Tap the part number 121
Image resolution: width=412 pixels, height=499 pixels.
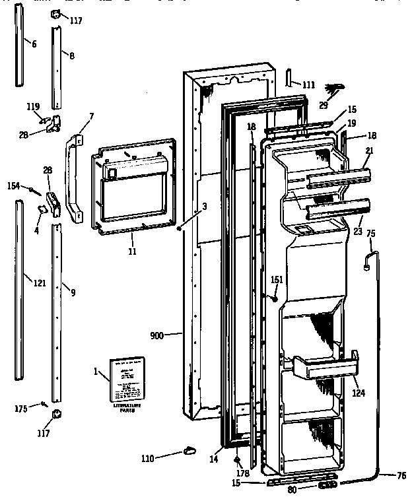tap(40, 283)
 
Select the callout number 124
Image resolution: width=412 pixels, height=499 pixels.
tap(359, 394)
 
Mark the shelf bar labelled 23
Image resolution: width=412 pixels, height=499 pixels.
tap(337, 211)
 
